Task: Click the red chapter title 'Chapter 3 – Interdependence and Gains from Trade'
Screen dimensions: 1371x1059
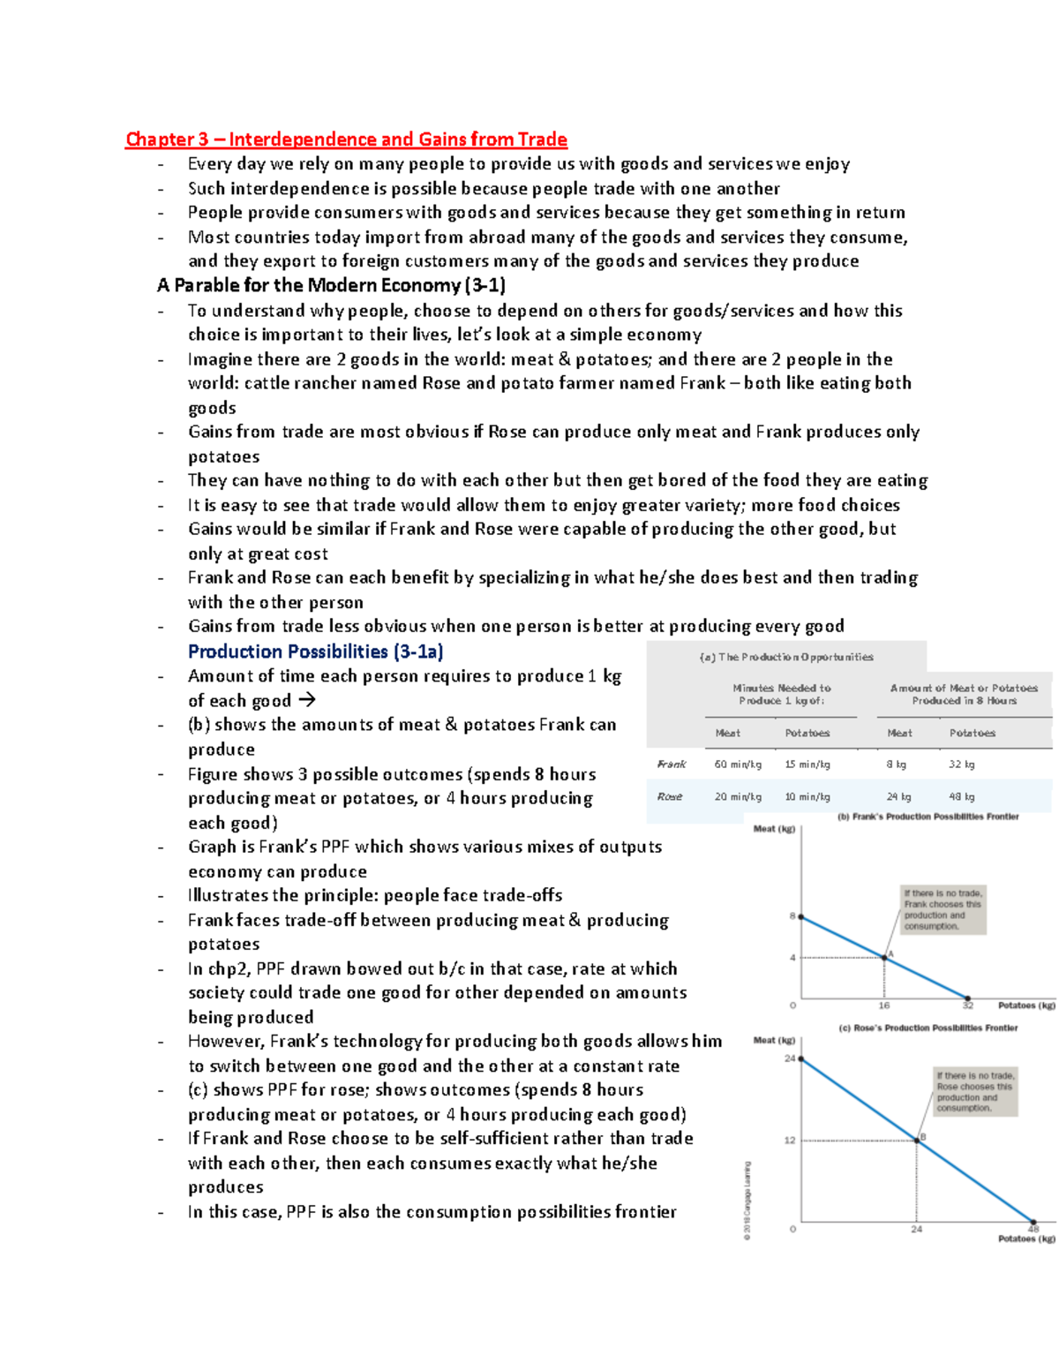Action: (x=346, y=139)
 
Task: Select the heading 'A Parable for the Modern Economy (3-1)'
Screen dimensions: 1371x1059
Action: (x=331, y=285)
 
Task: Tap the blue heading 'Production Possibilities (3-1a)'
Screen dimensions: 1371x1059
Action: (x=315, y=652)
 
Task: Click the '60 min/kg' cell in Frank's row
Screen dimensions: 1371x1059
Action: (x=738, y=765)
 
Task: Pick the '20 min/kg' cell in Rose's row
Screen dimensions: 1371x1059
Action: (x=738, y=796)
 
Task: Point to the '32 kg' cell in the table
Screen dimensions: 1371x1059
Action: (x=961, y=765)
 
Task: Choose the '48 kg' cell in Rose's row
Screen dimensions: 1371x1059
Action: (x=961, y=796)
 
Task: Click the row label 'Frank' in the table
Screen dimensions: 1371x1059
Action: (x=671, y=765)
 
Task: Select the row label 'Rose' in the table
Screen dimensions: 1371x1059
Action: (x=670, y=796)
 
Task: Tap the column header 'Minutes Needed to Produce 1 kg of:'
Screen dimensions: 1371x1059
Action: (x=781, y=694)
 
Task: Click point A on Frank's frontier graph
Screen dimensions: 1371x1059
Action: (x=885, y=957)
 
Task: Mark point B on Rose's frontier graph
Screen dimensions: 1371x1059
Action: (x=918, y=1140)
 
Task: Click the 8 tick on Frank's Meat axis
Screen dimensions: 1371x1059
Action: (x=792, y=916)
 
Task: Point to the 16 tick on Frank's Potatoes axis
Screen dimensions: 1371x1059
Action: (x=884, y=1006)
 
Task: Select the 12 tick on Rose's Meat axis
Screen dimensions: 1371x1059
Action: (x=790, y=1140)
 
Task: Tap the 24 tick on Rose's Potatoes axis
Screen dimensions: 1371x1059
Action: (x=917, y=1229)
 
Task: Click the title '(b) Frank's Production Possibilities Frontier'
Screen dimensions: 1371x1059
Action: (x=928, y=817)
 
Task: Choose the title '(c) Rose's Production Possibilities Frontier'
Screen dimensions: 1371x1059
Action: (x=928, y=1028)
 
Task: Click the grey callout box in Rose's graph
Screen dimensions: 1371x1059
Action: (x=975, y=1092)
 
